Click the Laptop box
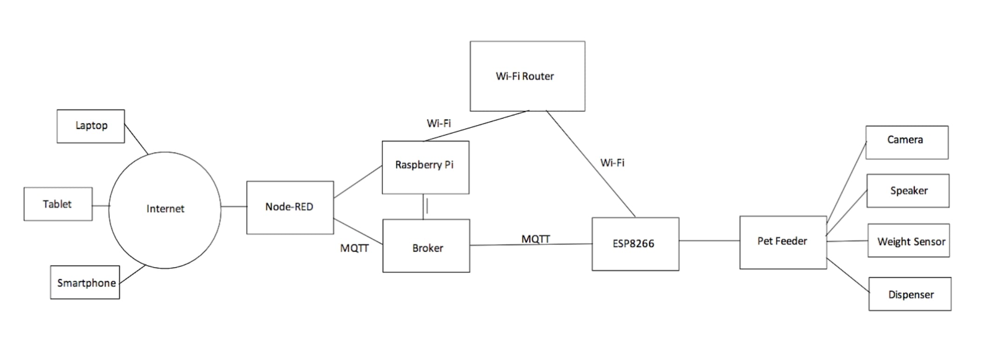pyautogui.click(x=91, y=126)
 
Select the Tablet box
pyautogui.click(x=58, y=204)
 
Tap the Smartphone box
pyautogui.click(x=85, y=282)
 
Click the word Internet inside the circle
pyautogui.click(x=165, y=209)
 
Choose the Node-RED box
pyautogui.click(x=290, y=207)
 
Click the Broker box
pyautogui.click(x=426, y=246)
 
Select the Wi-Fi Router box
pyautogui.click(x=527, y=76)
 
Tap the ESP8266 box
pyautogui.click(x=635, y=244)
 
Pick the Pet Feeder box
pyautogui.click(x=783, y=242)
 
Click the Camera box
pyautogui.click(x=906, y=142)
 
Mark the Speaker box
pyautogui.click(x=908, y=191)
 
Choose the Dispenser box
pyautogui.click(x=910, y=294)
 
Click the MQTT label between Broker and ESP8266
pyautogui.click(x=536, y=239)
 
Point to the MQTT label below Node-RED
pyautogui.click(x=354, y=248)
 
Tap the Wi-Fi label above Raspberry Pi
pyautogui.click(x=439, y=123)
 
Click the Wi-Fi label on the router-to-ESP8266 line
pyautogui.click(x=612, y=163)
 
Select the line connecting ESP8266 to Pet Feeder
pyautogui.click(x=709, y=241)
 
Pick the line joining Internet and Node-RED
pyautogui.click(x=233, y=207)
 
